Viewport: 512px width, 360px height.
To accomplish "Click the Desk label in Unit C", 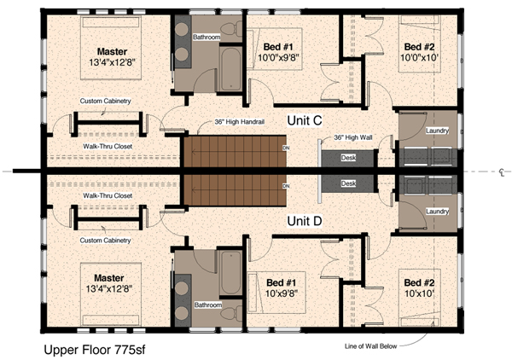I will pyautogui.click(x=347, y=157).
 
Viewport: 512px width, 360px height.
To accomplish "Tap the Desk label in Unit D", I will pyautogui.click(x=347, y=183).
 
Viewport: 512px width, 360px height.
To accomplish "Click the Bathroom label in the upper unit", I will pyautogui.click(x=206, y=38).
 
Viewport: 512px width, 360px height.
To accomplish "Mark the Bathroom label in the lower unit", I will pyautogui.click(x=206, y=304).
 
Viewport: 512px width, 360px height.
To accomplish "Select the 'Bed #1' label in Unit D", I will pyautogui.click(x=281, y=282).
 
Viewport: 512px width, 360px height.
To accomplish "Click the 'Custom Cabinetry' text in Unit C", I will pyautogui.click(x=105, y=102).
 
